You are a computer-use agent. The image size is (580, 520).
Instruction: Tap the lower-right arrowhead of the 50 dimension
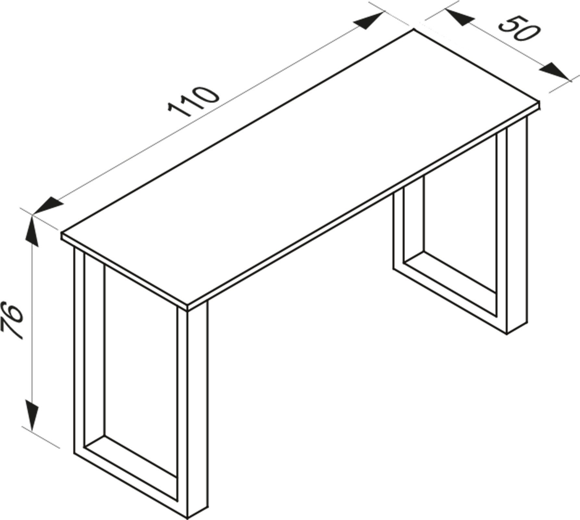(x=553, y=71)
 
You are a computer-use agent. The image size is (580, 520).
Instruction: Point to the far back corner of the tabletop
(x=414, y=30)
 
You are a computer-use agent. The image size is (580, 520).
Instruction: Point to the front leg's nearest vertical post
(x=196, y=409)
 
